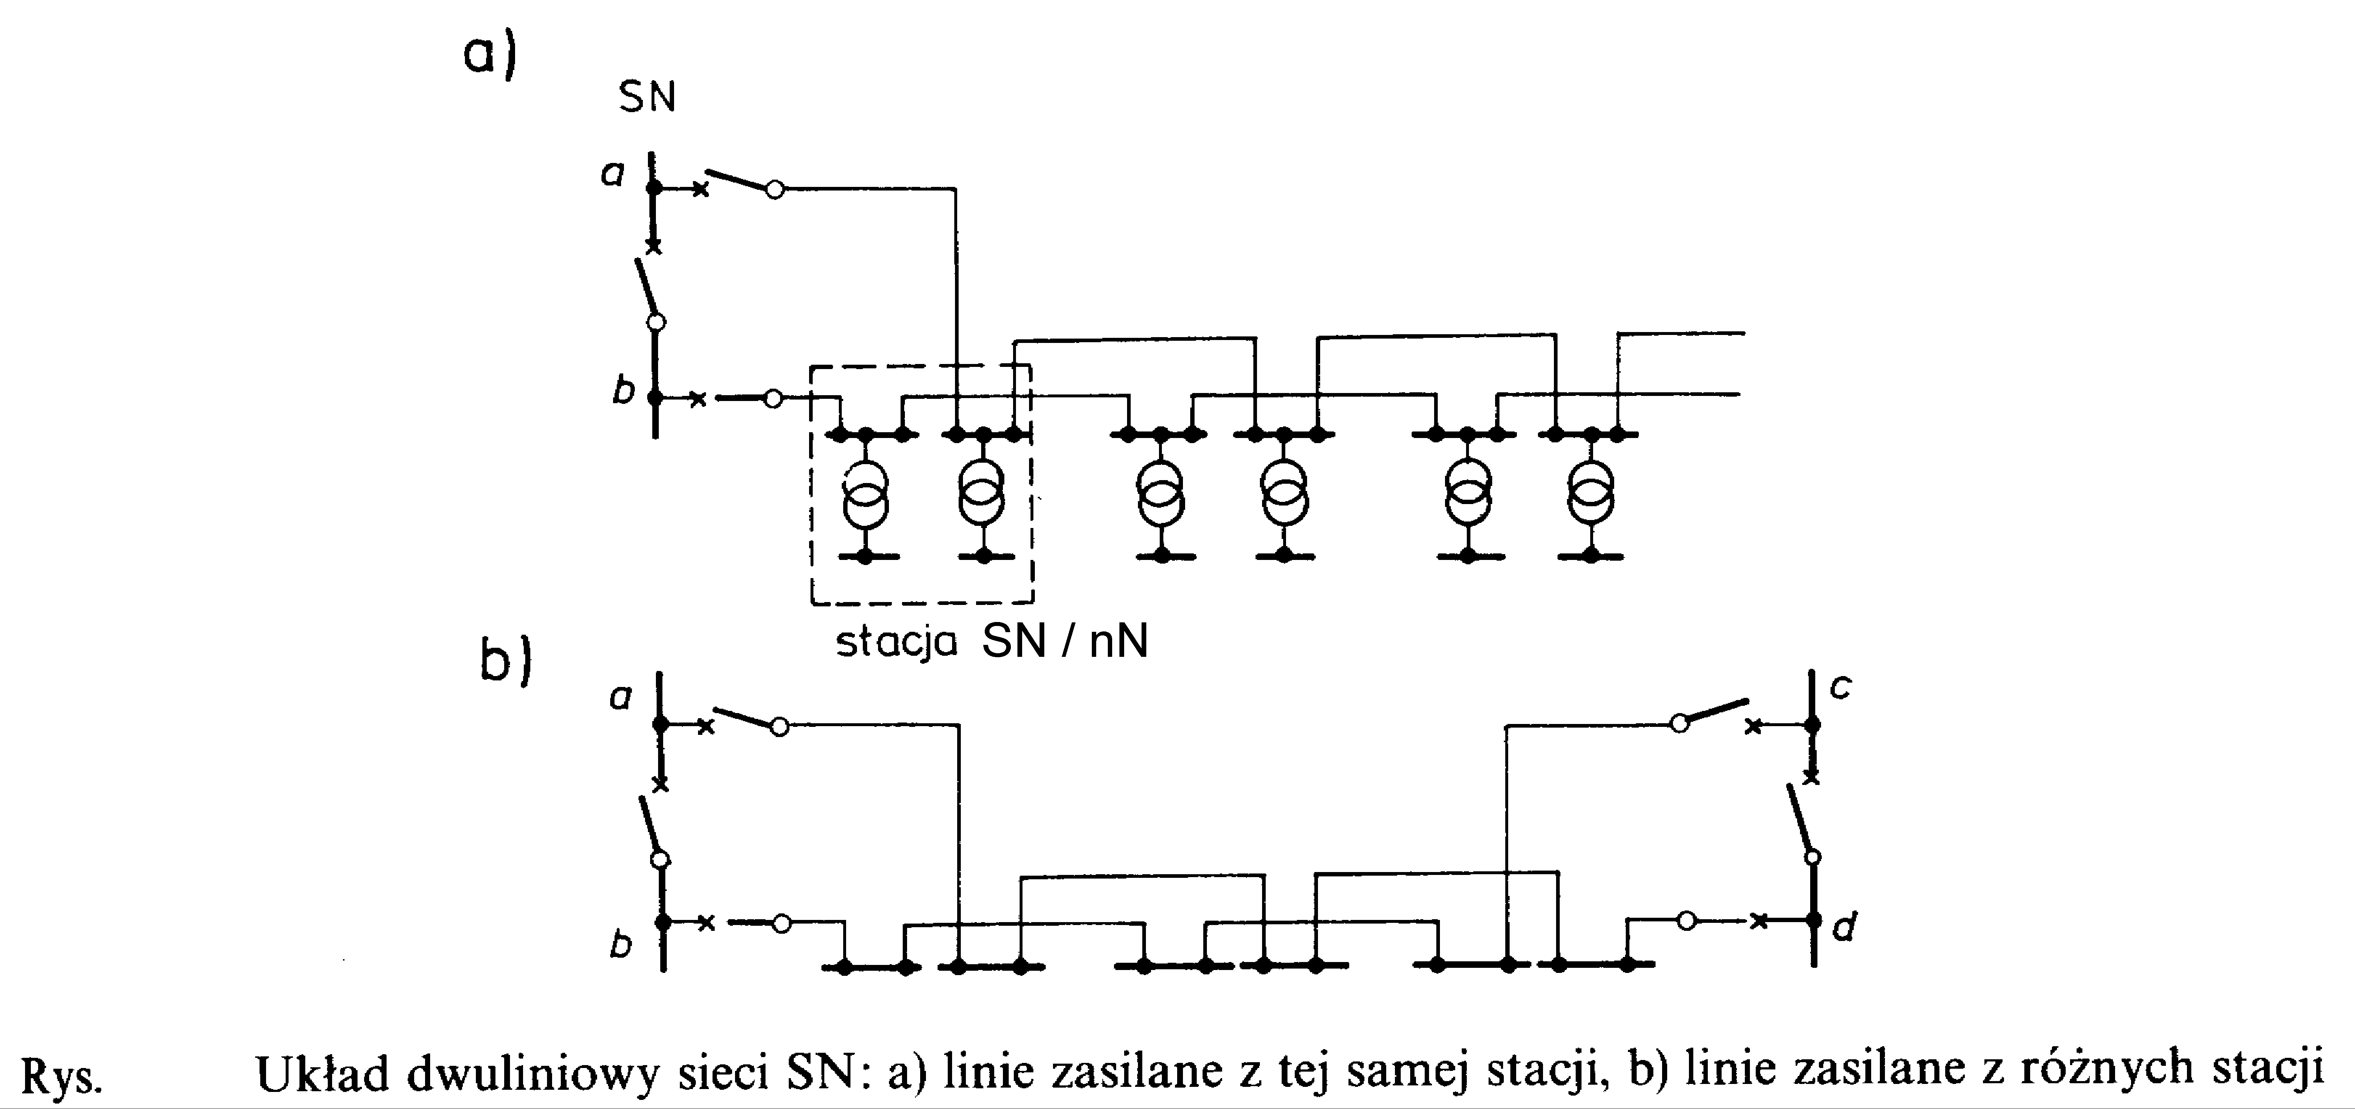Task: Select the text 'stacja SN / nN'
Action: [992, 643]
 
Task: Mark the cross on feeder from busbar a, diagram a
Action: [699, 190]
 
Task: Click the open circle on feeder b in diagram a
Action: [774, 398]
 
